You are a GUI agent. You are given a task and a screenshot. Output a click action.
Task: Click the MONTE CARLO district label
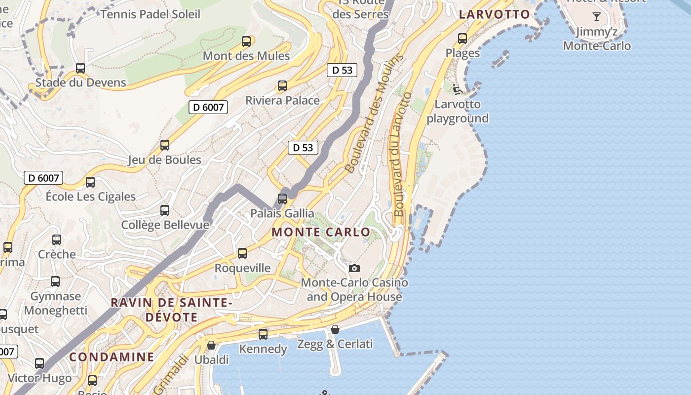coord(321,232)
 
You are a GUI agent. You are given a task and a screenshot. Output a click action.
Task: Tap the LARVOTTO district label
coord(495,14)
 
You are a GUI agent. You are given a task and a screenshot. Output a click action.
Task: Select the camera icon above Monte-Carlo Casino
coord(354,269)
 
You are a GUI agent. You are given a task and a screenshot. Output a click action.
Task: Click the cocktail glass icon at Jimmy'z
coord(597,17)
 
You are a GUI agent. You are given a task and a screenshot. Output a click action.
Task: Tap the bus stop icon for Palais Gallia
coord(282,199)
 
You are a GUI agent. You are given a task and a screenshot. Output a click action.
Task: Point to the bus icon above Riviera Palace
coord(282,86)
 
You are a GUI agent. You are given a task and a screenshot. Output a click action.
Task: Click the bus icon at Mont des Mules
coord(246,41)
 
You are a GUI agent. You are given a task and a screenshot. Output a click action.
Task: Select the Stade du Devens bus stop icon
coord(80,68)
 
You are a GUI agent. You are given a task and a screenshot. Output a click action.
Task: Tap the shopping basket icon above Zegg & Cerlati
coord(335,329)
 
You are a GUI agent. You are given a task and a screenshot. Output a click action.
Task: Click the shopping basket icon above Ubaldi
coord(211,345)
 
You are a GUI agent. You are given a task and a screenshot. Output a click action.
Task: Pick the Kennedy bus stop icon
coord(263,334)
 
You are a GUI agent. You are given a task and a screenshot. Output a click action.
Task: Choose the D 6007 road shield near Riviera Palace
coord(208,107)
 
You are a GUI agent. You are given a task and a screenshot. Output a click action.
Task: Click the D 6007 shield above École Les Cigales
coord(43,178)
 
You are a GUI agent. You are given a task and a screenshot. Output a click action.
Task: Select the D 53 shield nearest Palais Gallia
coord(303,147)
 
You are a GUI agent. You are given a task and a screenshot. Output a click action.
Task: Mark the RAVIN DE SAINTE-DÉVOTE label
coord(171,310)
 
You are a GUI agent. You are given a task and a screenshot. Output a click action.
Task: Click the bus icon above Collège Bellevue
coord(165,210)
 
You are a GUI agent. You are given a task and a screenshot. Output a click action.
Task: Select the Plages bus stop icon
coord(462,39)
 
